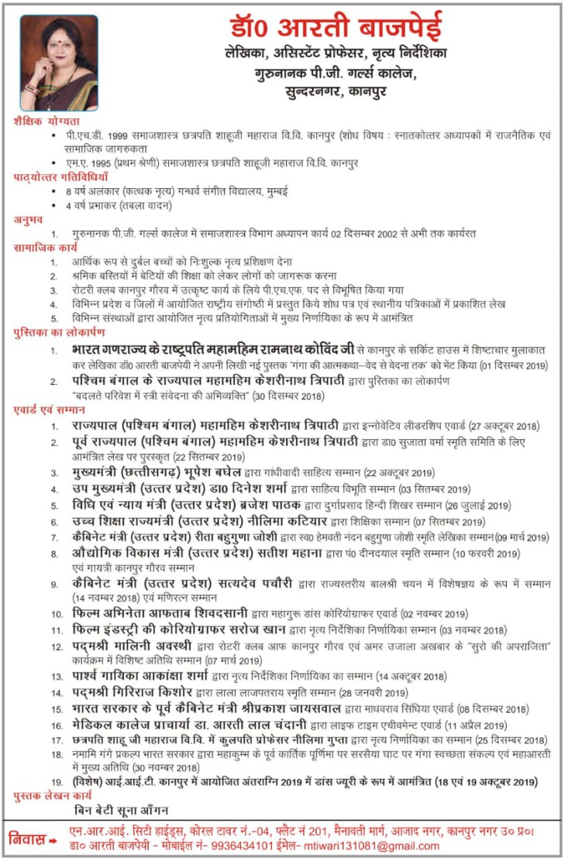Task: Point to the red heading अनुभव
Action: (x=29, y=220)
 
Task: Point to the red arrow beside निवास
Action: (x=53, y=839)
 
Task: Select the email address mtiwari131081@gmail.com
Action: (x=380, y=846)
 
